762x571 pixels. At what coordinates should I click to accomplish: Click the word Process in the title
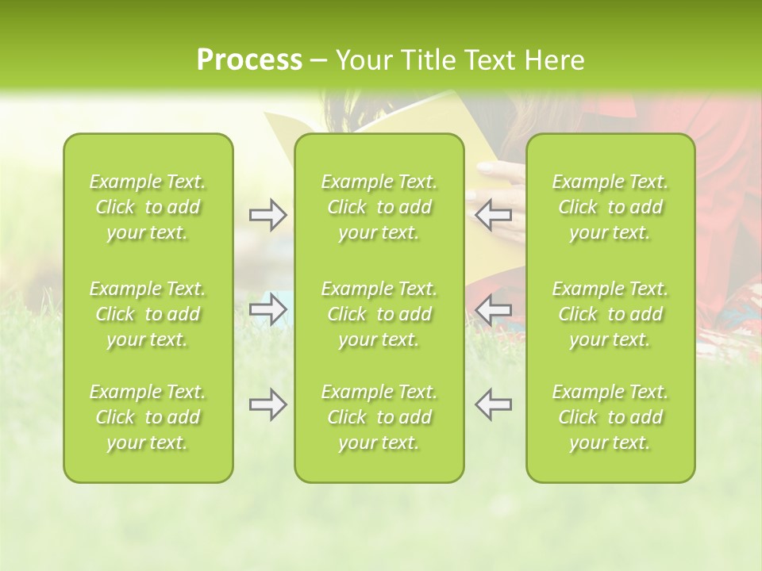pyautogui.click(x=249, y=60)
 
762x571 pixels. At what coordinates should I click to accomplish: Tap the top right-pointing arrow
pyautogui.click(x=267, y=215)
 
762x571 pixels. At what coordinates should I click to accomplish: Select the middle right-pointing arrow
pyautogui.click(x=267, y=309)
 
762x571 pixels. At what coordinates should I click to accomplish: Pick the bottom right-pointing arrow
pyautogui.click(x=267, y=404)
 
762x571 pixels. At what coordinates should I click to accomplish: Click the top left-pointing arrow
pyautogui.click(x=493, y=215)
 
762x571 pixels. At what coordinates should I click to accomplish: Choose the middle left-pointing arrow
pyautogui.click(x=493, y=309)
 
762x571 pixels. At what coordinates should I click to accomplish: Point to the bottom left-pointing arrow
pyautogui.click(x=493, y=404)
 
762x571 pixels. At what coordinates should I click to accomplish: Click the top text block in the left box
pyautogui.click(x=148, y=207)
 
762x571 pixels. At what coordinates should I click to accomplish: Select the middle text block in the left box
pyautogui.click(x=148, y=314)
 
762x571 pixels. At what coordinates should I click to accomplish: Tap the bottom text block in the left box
pyautogui.click(x=148, y=417)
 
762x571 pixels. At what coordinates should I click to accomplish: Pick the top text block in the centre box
pyautogui.click(x=379, y=207)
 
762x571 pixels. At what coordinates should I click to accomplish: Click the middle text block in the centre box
pyautogui.click(x=379, y=314)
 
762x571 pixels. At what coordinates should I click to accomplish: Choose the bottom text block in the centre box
pyautogui.click(x=379, y=417)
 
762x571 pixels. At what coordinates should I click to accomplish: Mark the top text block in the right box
pyautogui.click(x=610, y=207)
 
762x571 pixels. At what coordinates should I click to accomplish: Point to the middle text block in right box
pyautogui.click(x=610, y=314)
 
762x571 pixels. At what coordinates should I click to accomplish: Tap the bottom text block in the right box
pyautogui.click(x=610, y=417)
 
